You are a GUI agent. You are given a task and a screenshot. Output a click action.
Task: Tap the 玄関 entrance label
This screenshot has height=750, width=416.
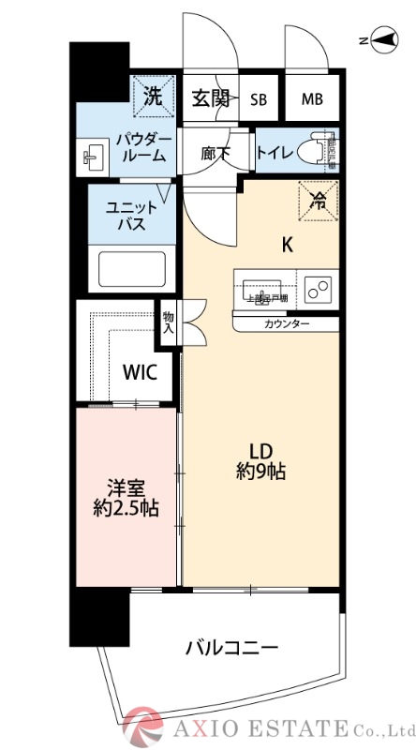tap(211, 98)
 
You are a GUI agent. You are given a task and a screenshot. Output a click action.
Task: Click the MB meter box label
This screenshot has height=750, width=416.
tap(311, 99)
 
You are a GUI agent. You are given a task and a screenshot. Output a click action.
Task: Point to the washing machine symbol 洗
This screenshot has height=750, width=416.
tap(152, 94)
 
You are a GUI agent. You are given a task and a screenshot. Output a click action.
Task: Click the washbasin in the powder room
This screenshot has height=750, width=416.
tap(92, 156)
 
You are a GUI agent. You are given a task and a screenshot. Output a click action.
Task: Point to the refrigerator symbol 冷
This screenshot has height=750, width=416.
tap(319, 198)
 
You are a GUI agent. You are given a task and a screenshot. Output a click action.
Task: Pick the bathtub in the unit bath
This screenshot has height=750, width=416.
tap(137, 270)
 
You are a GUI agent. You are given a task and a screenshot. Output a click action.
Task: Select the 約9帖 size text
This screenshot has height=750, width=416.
tap(260, 473)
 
